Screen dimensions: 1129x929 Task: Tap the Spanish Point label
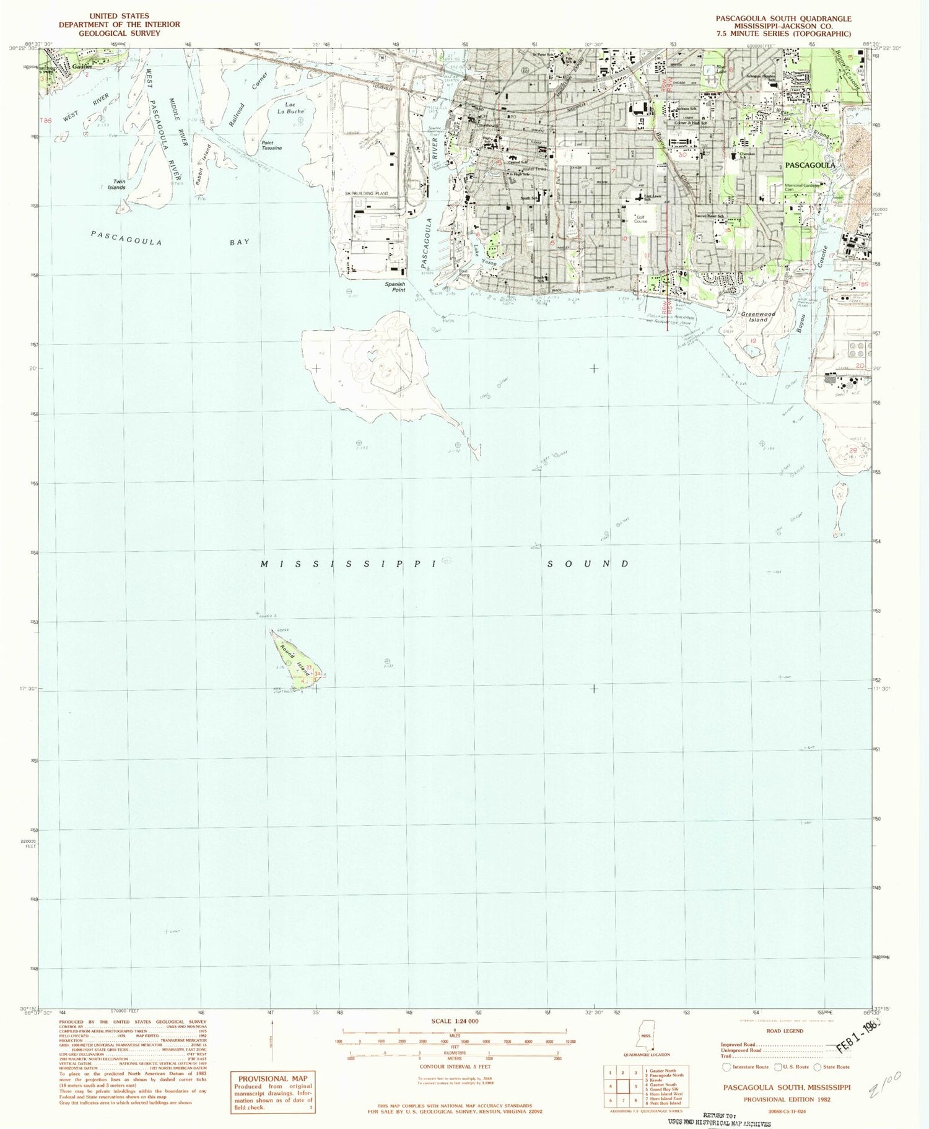395,287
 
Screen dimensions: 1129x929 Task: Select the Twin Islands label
116,185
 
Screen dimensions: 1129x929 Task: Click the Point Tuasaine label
271,146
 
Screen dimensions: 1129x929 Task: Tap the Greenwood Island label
758,316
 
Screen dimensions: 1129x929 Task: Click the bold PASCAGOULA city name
810,165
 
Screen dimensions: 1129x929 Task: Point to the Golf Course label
640,219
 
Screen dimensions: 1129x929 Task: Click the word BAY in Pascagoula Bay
240,242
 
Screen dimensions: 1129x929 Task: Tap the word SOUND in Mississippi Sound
588,564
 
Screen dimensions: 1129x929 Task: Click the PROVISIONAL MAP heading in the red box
272,1078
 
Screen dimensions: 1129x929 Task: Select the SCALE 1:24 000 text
455,1021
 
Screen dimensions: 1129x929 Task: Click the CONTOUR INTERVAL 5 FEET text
455,1066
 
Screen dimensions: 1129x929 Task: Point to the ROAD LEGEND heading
785,1031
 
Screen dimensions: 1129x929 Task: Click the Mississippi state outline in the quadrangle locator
646,1036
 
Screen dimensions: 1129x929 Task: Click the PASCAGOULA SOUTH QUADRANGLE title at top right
783,19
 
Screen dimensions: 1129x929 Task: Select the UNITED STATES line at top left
119,16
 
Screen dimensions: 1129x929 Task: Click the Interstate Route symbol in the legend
726,1066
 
